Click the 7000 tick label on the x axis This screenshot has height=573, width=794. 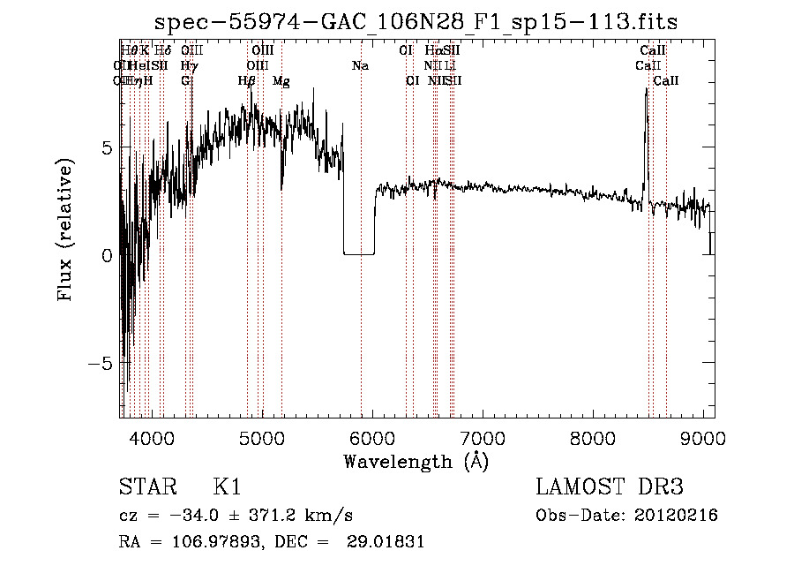(483, 437)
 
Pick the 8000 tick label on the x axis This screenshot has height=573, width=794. (594, 437)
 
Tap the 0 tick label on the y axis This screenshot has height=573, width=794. (107, 255)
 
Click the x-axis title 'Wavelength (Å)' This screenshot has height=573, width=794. (416, 461)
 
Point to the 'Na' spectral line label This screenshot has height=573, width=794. (360, 66)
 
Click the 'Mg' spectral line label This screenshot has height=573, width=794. (281, 81)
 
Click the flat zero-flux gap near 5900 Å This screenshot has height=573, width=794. (358, 253)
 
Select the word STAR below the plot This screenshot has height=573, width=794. (143, 487)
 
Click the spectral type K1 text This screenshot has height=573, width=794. (228, 487)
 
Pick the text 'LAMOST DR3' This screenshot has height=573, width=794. (610, 487)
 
